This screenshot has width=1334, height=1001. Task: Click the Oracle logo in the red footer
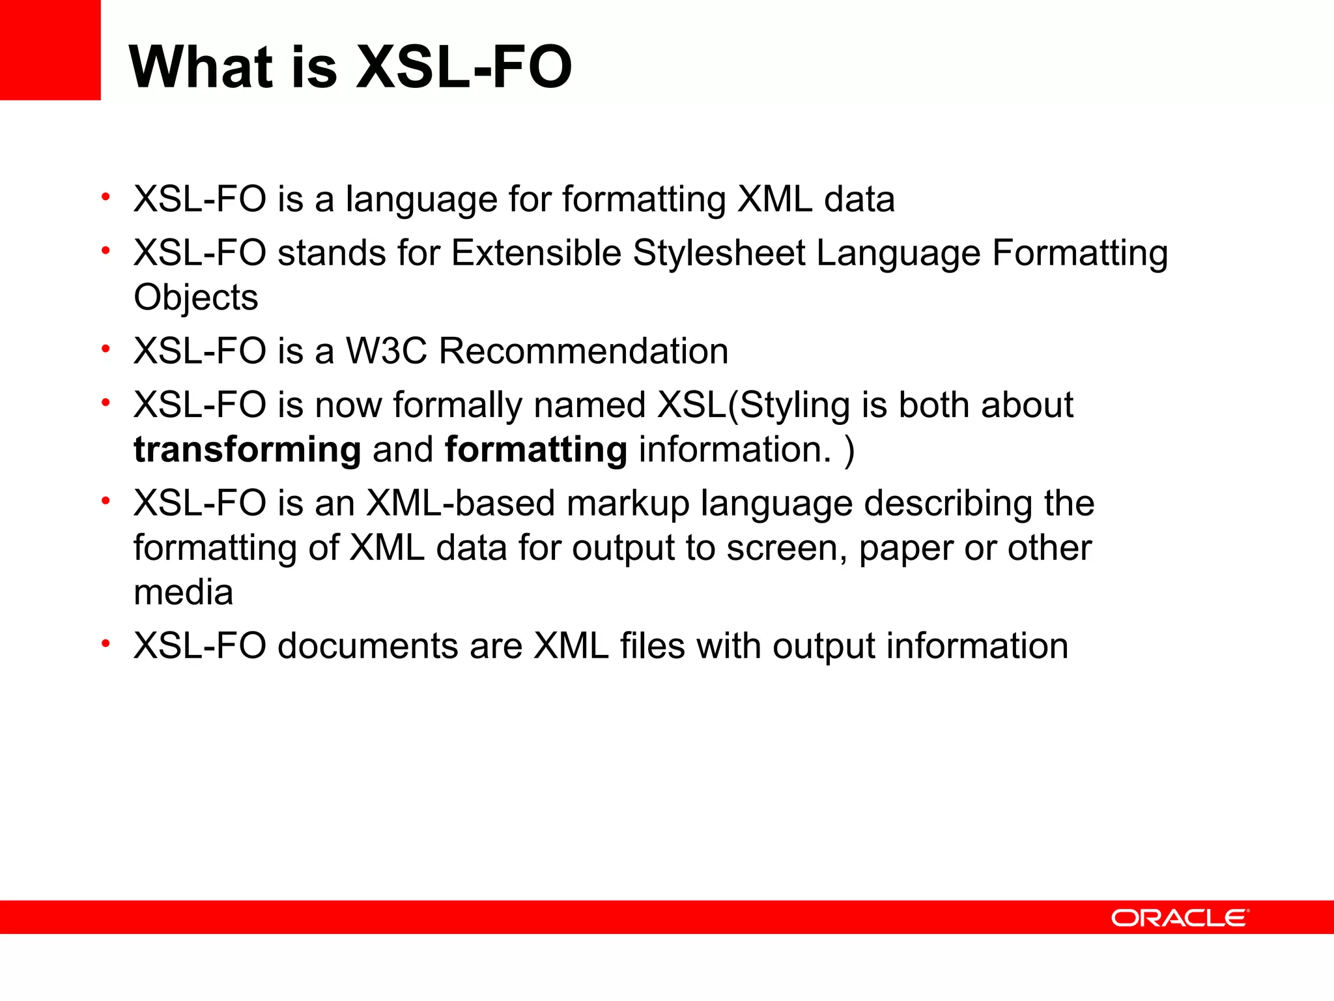1180,918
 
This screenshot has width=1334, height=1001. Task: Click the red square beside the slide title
50,50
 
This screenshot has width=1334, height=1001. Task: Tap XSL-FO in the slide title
464,67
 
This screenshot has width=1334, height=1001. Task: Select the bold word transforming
247,450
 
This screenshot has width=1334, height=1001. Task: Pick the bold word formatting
535,450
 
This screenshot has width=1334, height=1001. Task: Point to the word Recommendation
583,351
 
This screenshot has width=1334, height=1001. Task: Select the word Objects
195,298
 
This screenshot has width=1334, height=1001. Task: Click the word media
183,592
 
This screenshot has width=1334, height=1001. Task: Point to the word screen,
787,549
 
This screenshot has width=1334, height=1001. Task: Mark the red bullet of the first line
106,197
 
